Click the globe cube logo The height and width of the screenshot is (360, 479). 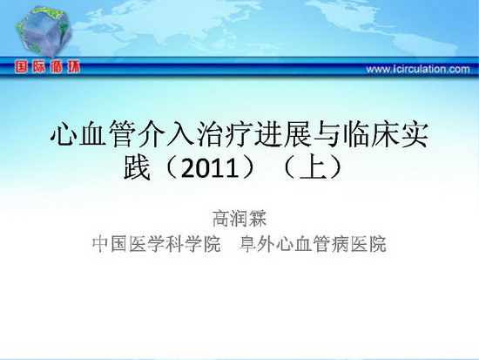coord(44,31)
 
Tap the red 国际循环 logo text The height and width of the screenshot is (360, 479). coord(47,66)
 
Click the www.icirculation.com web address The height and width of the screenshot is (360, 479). coord(418,69)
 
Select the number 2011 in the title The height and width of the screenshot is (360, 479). coord(210,168)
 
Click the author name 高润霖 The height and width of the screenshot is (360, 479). coord(239,219)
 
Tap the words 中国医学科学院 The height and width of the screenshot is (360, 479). coord(157,244)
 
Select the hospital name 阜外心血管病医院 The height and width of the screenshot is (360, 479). coord(313,244)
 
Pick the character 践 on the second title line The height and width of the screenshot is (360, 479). coord(137,167)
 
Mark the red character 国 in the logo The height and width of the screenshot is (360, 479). coord(21,66)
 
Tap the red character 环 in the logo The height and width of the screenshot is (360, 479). coord(74,66)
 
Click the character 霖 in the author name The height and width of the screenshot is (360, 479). coord(258,219)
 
